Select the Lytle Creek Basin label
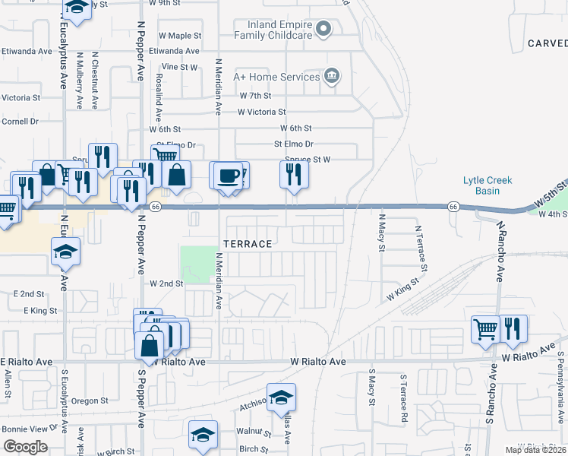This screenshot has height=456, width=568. click(x=488, y=185)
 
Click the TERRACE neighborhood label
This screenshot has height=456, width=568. click(x=248, y=244)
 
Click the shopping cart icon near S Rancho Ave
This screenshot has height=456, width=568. click(x=485, y=330)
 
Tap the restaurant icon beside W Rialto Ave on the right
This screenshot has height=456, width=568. click(x=513, y=328)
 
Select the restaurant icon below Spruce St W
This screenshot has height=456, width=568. click(x=293, y=175)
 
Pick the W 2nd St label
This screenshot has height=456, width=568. click(x=167, y=283)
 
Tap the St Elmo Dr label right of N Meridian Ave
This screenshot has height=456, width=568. click(x=293, y=144)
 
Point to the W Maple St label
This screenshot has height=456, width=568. click(x=179, y=36)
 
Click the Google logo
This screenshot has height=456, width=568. click(x=26, y=447)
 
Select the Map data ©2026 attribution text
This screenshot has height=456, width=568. click(x=536, y=450)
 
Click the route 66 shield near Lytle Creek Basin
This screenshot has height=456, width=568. click(x=452, y=207)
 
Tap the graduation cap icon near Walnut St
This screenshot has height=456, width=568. click(x=203, y=435)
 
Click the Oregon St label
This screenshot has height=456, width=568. click(x=91, y=401)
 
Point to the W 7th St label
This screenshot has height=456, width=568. click(x=255, y=96)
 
